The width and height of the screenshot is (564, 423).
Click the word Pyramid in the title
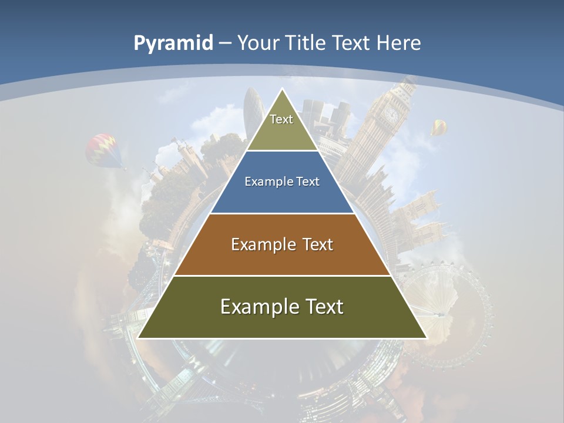[173, 43]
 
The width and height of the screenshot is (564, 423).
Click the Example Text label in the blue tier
[282, 182]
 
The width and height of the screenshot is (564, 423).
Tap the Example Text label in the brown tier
[282, 244]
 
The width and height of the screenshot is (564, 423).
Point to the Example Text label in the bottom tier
[282, 307]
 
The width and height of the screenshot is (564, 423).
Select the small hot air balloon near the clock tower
[439, 127]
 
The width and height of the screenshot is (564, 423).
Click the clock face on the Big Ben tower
[391, 113]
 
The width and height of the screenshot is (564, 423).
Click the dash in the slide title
[225, 43]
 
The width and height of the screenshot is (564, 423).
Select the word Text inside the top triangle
[281, 119]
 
